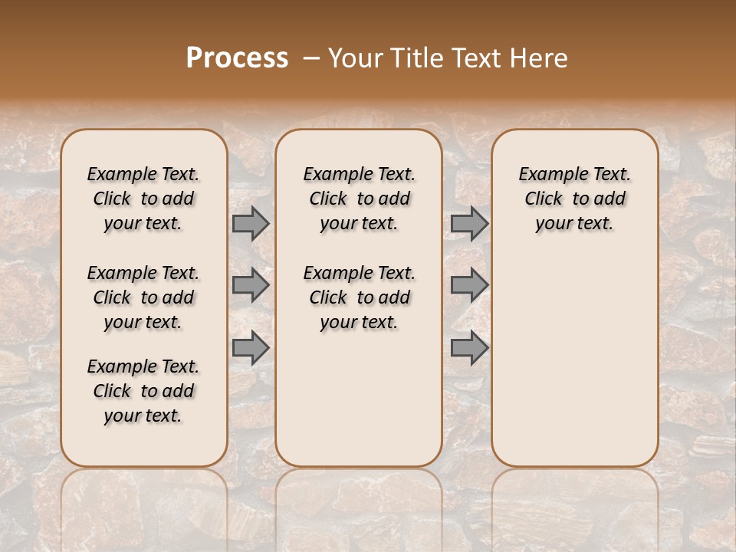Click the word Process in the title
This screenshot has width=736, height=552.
[237, 58]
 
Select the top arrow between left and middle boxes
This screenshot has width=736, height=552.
[251, 223]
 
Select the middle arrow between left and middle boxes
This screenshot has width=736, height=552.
[251, 285]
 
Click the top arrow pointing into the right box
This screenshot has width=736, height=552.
[469, 223]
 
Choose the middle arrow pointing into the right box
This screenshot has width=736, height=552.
[469, 285]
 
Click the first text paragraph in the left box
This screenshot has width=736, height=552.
[143, 199]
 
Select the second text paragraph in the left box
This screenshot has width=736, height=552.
[143, 297]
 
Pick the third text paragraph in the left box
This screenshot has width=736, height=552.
[143, 391]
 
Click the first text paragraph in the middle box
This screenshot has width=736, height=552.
[360, 199]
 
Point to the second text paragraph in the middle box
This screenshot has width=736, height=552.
[360, 297]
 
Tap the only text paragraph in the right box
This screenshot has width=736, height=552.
[575, 199]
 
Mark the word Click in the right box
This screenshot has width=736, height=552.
[544, 199]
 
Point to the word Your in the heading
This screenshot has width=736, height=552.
[356, 58]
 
